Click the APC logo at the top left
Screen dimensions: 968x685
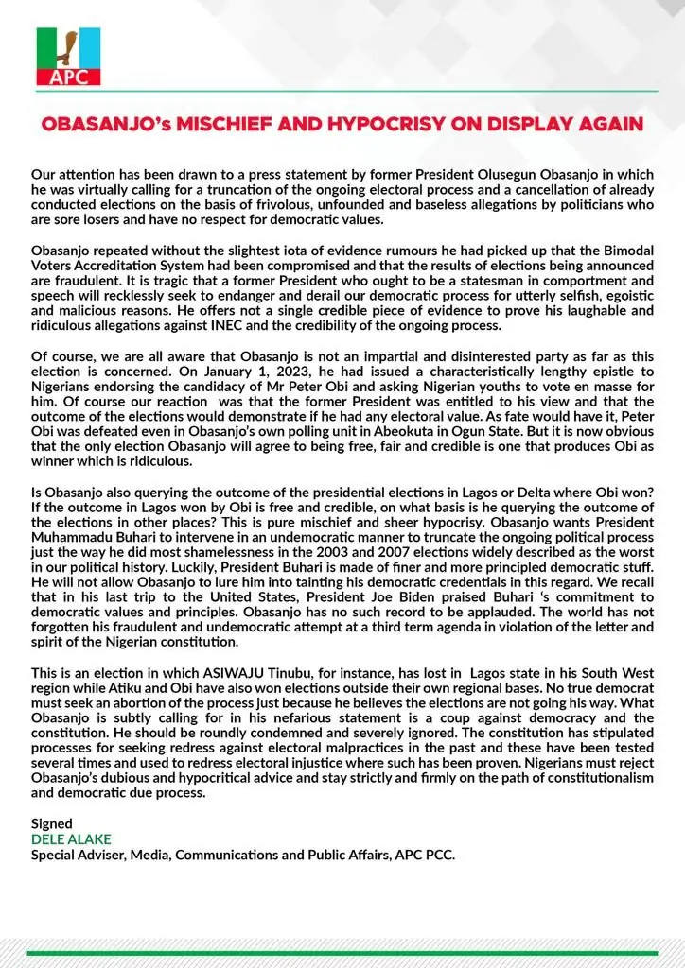[x=68, y=57]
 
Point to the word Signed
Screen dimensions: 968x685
[x=51, y=824]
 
